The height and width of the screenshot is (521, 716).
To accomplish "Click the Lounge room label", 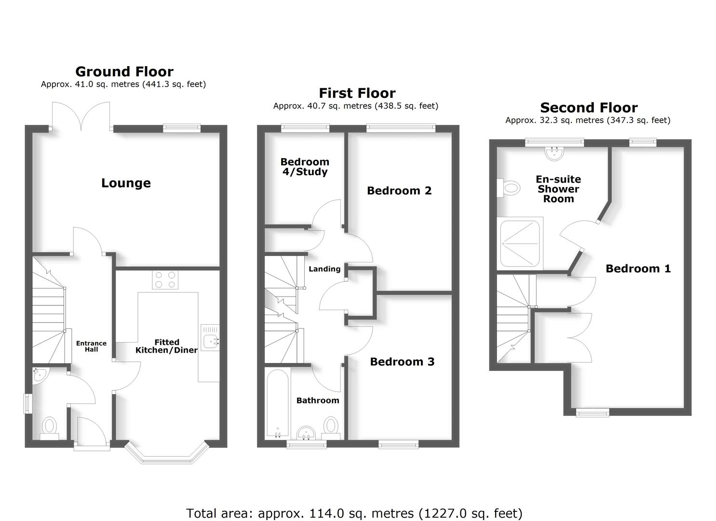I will (126, 183).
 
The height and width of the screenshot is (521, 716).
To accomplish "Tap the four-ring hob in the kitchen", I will (165, 279).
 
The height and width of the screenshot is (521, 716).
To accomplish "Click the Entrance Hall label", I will (91, 346).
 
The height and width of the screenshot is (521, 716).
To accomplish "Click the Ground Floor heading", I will (124, 72).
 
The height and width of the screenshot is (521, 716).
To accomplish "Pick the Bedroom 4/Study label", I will (305, 167).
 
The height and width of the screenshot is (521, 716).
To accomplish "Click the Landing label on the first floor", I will (324, 269).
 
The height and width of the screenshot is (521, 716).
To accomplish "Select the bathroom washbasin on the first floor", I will (305, 433).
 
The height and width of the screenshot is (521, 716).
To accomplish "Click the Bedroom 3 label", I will (402, 362).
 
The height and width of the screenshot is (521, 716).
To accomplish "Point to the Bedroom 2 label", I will (399, 191).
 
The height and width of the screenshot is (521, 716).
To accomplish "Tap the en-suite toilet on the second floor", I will (509, 188).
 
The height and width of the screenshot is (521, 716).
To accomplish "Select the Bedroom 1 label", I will (638, 269).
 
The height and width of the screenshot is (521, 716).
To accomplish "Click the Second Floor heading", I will (589, 108).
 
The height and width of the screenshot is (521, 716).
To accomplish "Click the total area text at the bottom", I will (354, 513).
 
